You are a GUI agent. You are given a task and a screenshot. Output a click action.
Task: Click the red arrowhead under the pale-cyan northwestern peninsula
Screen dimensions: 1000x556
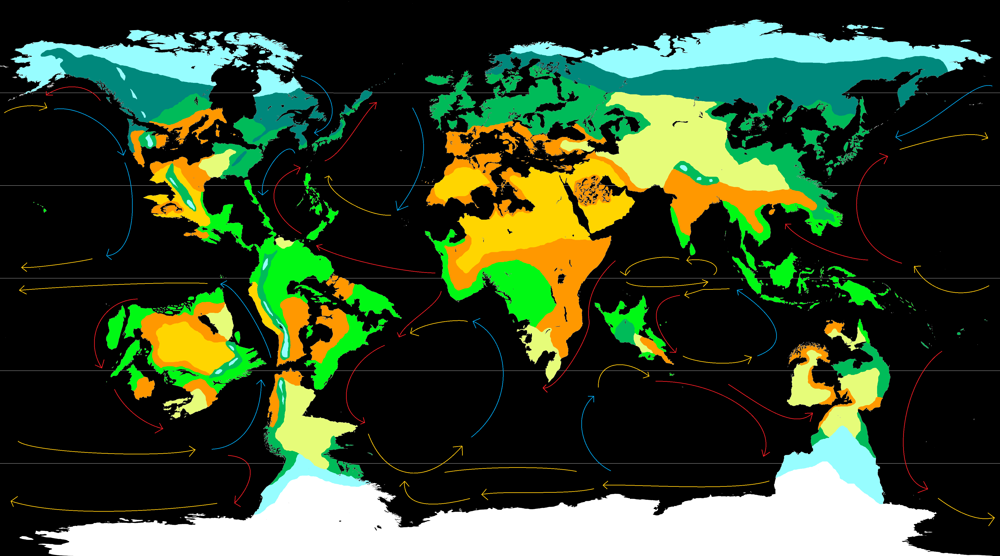click(48, 93)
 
